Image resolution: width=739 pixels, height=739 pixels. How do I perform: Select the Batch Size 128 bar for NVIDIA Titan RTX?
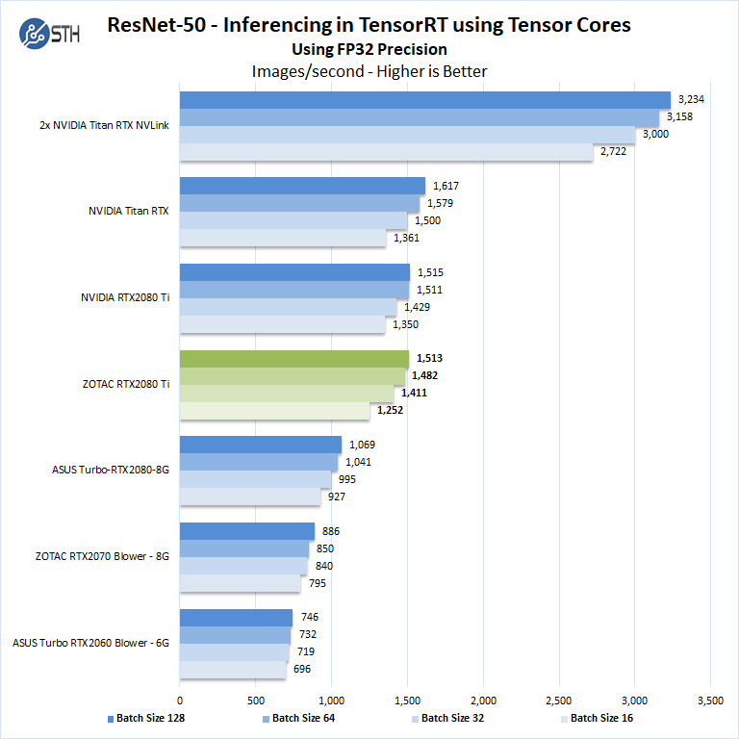pyautogui.click(x=302, y=186)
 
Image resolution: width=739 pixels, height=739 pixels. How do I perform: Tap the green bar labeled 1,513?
pyautogui.click(x=293, y=359)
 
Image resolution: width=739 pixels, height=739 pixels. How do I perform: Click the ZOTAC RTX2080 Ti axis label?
pyautogui.click(x=126, y=384)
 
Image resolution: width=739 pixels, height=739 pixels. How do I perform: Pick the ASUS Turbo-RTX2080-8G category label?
pyautogui.click(x=111, y=471)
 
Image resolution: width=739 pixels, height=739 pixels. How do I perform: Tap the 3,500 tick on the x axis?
pyautogui.click(x=710, y=700)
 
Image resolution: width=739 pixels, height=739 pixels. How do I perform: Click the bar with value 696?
pyautogui.click(x=233, y=670)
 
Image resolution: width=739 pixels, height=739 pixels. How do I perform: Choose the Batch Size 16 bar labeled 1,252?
pyautogui.click(x=275, y=411)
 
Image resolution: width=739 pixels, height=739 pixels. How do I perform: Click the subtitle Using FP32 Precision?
pyautogui.click(x=369, y=49)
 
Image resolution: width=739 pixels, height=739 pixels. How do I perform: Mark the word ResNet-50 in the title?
pyautogui.click(x=156, y=25)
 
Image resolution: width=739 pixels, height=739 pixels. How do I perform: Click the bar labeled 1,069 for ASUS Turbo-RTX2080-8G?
pyautogui.click(x=260, y=445)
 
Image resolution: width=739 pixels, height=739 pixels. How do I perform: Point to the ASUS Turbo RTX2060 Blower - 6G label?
pyautogui.click(x=91, y=643)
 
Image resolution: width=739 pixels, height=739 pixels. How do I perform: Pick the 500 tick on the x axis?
pyautogui.click(x=256, y=700)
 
